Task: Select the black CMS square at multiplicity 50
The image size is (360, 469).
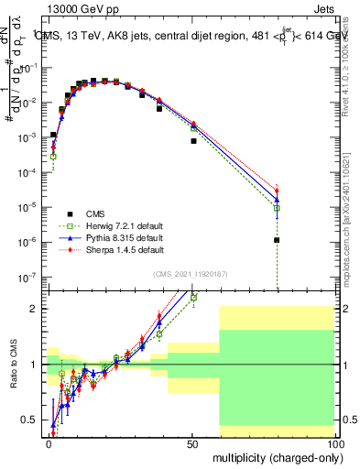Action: (x=192, y=141)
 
